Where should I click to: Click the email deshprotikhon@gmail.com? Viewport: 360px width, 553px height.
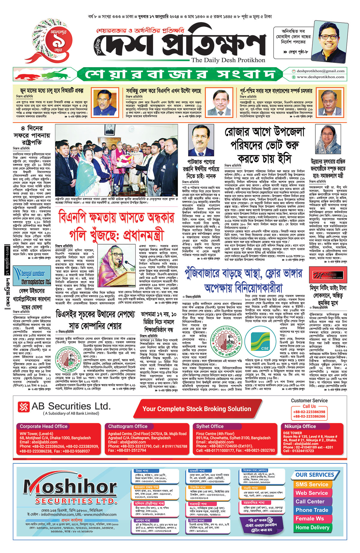click(320, 71)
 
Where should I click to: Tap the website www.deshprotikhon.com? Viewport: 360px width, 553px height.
click(320, 77)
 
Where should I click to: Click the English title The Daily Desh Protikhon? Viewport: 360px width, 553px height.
click(228, 60)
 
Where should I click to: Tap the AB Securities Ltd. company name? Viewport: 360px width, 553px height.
click(71, 406)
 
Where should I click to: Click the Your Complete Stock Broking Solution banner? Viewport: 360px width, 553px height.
click(196, 409)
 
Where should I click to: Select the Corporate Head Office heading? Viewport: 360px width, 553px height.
click(44, 426)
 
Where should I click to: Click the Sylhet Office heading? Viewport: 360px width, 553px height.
click(210, 426)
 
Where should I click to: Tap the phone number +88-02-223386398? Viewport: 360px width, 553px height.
click(309, 412)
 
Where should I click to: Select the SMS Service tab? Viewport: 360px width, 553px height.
click(312, 484)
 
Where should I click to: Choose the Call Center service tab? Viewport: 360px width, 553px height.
click(310, 501)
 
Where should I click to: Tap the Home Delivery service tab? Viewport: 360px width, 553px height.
click(312, 527)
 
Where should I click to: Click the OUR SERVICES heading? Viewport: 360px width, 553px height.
click(314, 475)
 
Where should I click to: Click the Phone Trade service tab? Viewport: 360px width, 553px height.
click(312, 510)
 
